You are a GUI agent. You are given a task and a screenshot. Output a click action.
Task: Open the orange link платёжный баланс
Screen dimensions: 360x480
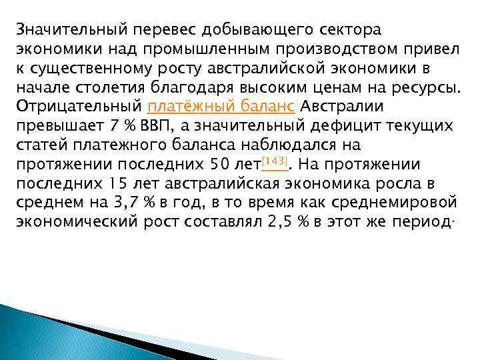tap(221, 107)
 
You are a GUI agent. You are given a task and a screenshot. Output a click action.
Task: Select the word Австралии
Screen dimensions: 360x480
tap(343, 107)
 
